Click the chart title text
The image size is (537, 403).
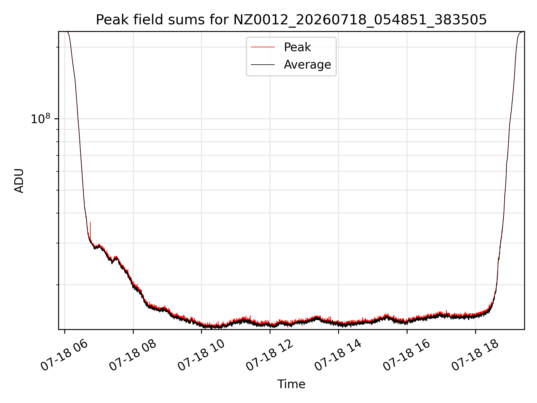point(291,20)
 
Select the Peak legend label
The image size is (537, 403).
point(297,47)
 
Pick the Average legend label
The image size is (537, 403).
point(307,65)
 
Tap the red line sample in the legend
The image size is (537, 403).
point(263,47)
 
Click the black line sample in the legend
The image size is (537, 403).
point(263,65)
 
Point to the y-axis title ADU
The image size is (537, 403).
point(19,181)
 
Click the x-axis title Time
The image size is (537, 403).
point(291,384)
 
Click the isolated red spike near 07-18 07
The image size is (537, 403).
point(90,230)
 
